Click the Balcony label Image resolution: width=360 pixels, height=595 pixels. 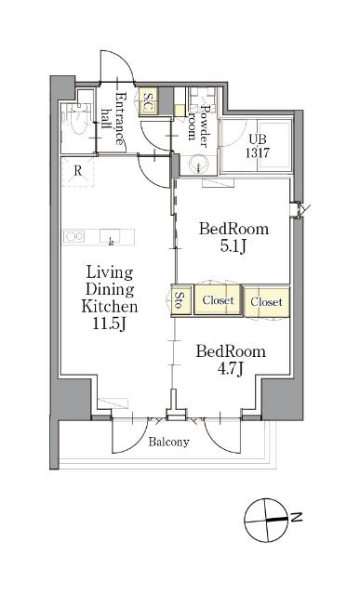(x=168, y=443)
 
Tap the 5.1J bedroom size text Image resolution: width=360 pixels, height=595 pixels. (x=233, y=246)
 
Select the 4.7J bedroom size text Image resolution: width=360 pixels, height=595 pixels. (x=230, y=369)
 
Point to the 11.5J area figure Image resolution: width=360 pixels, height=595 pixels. (x=110, y=324)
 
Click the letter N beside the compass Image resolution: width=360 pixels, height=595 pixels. (x=297, y=517)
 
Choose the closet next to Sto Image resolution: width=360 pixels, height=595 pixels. (x=218, y=299)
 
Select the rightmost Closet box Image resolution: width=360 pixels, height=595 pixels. (x=267, y=301)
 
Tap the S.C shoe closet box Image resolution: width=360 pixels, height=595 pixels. (x=147, y=101)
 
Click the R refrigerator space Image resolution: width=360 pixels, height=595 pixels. (x=78, y=171)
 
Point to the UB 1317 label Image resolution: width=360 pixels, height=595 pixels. (x=257, y=146)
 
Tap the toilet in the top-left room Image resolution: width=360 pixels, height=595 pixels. (x=77, y=119)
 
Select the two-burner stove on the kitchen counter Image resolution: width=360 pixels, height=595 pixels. (x=74, y=236)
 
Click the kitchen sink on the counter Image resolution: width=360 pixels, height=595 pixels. (x=110, y=236)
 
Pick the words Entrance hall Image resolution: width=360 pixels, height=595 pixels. (x=113, y=118)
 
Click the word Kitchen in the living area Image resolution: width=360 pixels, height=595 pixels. (x=110, y=306)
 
